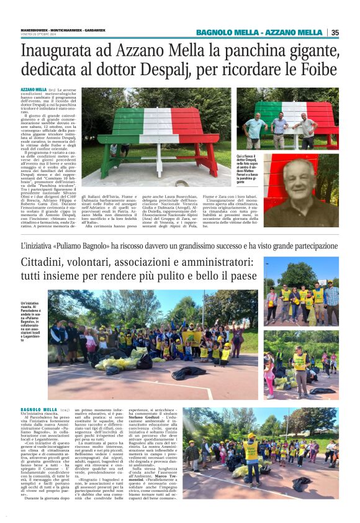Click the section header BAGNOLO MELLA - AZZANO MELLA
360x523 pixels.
pyautogui.click(x=259, y=32)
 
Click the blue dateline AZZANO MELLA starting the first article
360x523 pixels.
pyautogui.click(x=34, y=90)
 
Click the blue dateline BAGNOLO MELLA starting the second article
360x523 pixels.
pyautogui.click(x=39, y=410)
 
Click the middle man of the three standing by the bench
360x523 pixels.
pyautogui.click(x=280, y=129)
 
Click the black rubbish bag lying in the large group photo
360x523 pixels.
pyautogui.click(x=189, y=373)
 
